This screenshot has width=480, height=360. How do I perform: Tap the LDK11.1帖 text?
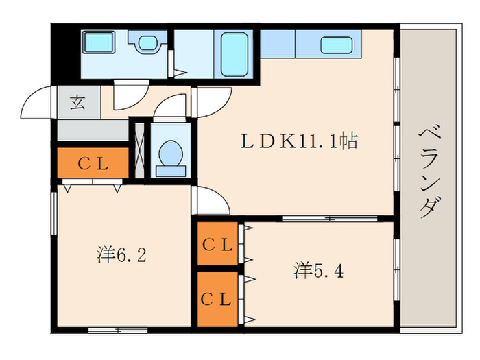pyautogui.click(x=298, y=142)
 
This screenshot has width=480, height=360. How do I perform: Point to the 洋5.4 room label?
pyautogui.click(x=319, y=270)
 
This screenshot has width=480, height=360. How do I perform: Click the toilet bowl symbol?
pyautogui.click(x=169, y=154)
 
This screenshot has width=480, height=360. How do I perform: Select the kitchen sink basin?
pyautogui.click(x=336, y=45)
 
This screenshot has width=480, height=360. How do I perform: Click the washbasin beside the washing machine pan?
pyautogui.click(x=147, y=43)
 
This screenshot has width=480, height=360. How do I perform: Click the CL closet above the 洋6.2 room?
pyautogui.click(x=92, y=163)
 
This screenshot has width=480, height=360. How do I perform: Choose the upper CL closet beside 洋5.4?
pyautogui.click(x=217, y=244)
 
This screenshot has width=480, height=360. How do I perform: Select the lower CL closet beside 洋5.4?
pyautogui.click(x=217, y=299)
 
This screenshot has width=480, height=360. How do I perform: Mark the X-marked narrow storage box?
pyautogui.click(x=140, y=151)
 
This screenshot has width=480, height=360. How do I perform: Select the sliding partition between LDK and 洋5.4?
pyautogui.click(x=329, y=219)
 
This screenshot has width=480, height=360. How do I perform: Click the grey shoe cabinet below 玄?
pyautogui.click(x=92, y=130)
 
